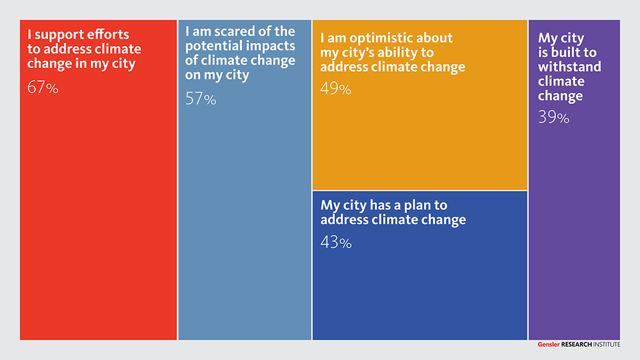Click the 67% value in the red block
coord(42,88)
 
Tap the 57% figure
coord(201,99)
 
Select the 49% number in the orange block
coord(336,89)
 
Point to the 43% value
coord(336,242)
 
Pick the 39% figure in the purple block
coord(554,117)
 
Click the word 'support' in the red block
coord(62,35)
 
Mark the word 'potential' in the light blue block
coord(212,46)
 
